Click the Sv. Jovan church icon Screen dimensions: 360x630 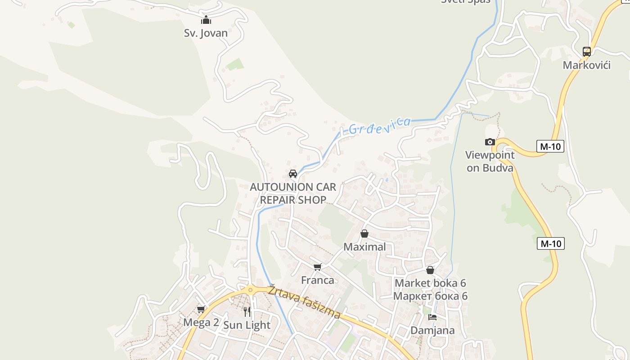pos(206,20)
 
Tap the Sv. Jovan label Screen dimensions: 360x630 pos(206,33)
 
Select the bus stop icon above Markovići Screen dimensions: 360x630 pos(586,51)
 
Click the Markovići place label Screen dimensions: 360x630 pos(586,65)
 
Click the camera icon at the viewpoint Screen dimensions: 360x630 pos(490,142)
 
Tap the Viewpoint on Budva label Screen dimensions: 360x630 pos(490,162)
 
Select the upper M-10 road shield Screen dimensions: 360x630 pos(550,146)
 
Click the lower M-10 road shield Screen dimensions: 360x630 pos(550,243)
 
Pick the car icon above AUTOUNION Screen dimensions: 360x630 pos(293,174)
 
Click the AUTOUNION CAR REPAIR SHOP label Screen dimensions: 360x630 pos(293,193)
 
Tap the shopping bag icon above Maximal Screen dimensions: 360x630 pos(364,234)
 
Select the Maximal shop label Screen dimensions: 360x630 pos(364,247)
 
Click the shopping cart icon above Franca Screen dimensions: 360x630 pos(318,267)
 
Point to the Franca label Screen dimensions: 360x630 pos(318,280)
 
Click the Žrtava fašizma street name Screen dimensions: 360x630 pos(304,303)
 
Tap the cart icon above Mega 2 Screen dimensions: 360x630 pos(201,309)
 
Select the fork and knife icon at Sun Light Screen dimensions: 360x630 pos(247,311)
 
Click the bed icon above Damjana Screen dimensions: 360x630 pos(432,317)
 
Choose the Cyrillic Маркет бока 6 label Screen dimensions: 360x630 pos(430,296)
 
